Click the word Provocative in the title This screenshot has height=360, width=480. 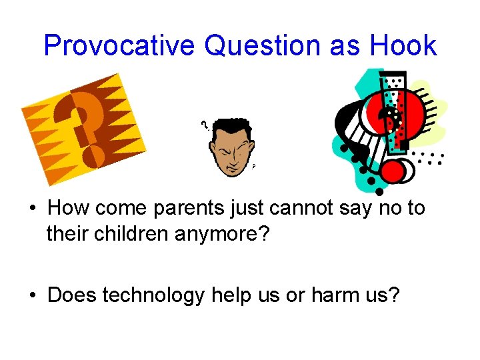tap(119, 46)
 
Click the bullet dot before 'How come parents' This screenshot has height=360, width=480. tap(32, 209)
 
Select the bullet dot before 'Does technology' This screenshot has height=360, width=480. tap(32, 295)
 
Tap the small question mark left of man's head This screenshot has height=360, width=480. tap(205, 124)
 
